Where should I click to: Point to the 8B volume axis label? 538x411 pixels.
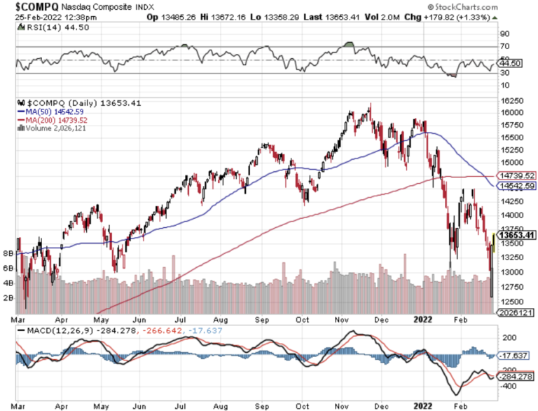click(9, 252)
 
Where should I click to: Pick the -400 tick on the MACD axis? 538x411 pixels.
click(504, 386)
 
